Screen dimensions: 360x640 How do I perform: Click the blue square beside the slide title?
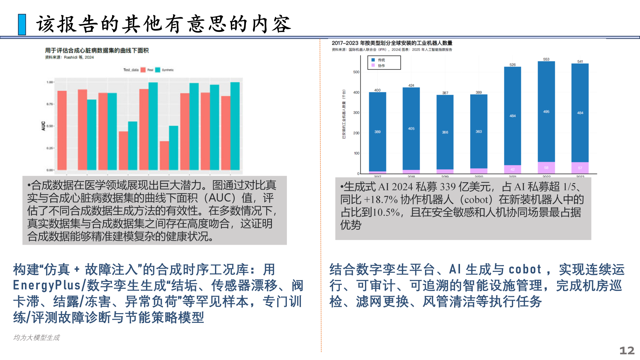22,24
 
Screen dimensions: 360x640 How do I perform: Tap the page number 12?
627,350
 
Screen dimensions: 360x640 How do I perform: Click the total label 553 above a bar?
546,59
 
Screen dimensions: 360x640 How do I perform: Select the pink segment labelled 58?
546,168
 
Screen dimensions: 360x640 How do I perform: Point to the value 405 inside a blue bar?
411,128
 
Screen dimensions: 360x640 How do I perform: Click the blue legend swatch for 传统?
373,60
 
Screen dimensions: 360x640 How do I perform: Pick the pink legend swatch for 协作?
373,65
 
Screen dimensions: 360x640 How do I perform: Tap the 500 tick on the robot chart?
356,72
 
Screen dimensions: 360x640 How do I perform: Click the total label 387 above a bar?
445,93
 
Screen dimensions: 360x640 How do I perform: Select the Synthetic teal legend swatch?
158,70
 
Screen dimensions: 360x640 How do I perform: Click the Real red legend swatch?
143,70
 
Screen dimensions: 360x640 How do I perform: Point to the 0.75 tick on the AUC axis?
50,104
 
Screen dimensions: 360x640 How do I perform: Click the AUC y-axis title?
43,126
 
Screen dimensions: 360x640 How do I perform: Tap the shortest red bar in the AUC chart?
164,155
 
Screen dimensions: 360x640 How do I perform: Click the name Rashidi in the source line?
71,57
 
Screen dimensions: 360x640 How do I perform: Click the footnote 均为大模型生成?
36,337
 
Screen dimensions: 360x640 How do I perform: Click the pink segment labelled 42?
512,169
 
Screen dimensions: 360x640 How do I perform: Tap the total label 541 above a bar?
580,62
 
